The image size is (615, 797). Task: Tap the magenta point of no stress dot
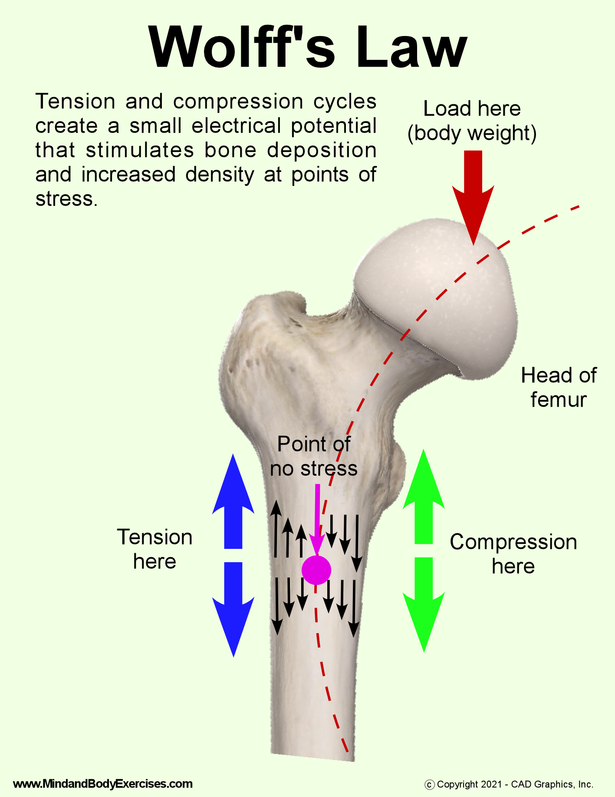[x=316, y=570]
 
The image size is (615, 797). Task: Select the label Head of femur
[x=559, y=387]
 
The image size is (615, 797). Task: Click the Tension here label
[x=155, y=549]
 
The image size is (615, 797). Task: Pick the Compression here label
[x=513, y=554]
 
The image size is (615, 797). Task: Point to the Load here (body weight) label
[x=472, y=121]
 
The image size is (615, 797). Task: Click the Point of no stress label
[x=314, y=456]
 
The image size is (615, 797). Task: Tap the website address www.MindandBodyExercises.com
[x=103, y=784]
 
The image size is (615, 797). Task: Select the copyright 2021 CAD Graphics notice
[x=509, y=784]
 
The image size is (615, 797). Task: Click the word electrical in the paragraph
[x=237, y=126]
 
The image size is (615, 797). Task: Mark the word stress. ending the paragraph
[x=66, y=199]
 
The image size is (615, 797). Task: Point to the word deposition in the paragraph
[x=322, y=150]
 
